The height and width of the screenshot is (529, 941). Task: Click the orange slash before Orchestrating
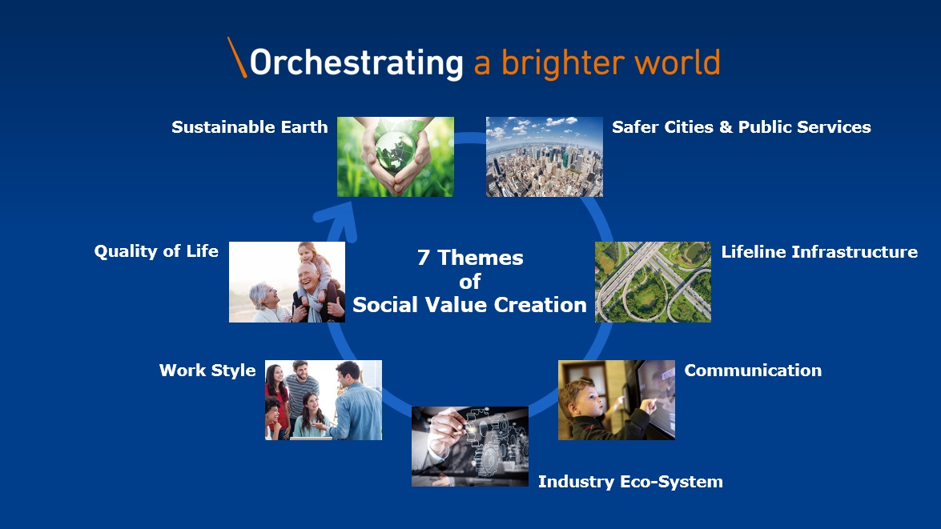[x=237, y=58]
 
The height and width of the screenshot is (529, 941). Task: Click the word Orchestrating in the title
[x=356, y=63]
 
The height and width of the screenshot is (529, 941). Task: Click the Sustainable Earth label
[x=250, y=127]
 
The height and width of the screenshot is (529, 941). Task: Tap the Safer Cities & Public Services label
[x=741, y=127]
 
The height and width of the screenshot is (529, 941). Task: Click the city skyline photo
[x=545, y=157]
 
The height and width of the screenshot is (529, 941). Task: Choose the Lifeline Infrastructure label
[x=819, y=252]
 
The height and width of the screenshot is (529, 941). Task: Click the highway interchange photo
[x=653, y=282]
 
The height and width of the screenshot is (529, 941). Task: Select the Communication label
[x=753, y=371]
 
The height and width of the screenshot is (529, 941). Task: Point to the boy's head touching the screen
[x=581, y=397]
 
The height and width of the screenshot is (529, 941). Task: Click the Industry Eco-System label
[x=630, y=482]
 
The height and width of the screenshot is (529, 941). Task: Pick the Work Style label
[x=207, y=371]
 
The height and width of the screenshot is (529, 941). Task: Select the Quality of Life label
[x=156, y=251]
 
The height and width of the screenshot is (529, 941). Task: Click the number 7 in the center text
[x=423, y=258]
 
